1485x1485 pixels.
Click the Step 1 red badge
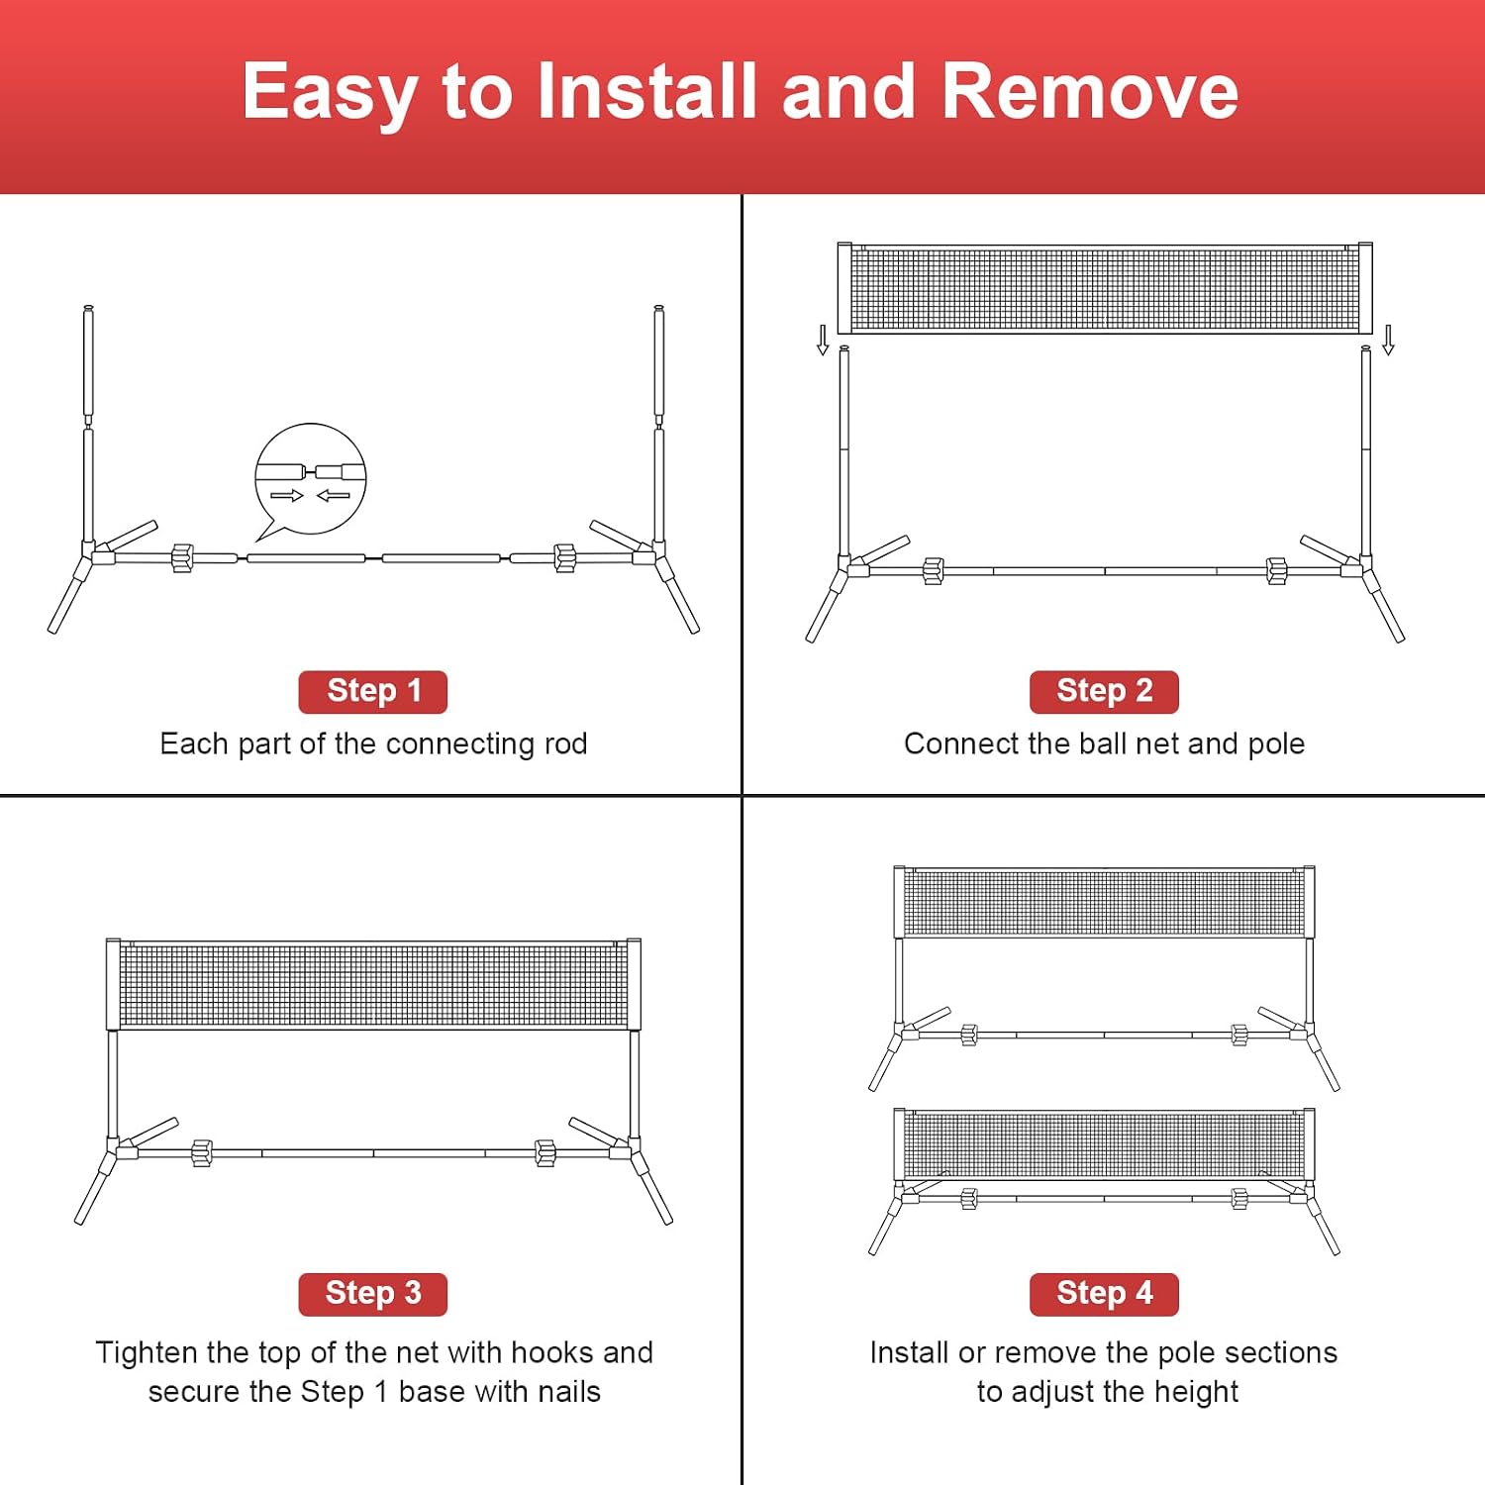tap(373, 691)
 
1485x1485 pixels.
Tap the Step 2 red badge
tap(1104, 691)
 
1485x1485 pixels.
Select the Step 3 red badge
tap(373, 1294)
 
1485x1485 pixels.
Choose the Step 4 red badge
tap(1104, 1294)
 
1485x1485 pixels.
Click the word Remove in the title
tap(1090, 91)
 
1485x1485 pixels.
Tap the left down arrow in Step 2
tap(823, 340)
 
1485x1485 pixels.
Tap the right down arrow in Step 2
tap(1388, 340)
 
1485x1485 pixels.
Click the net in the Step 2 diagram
tap(1105, 288)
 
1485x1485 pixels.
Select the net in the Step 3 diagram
tap(373, 984)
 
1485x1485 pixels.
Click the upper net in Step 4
tap(1105, 902)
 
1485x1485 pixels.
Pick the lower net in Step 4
tap(1105, 1144)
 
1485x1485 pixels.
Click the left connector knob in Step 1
tap(182, 557)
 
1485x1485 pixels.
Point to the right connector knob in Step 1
tap(565, 557)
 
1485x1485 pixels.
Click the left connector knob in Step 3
tap(202, 1153)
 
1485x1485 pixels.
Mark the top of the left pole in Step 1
tap(88, 308)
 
